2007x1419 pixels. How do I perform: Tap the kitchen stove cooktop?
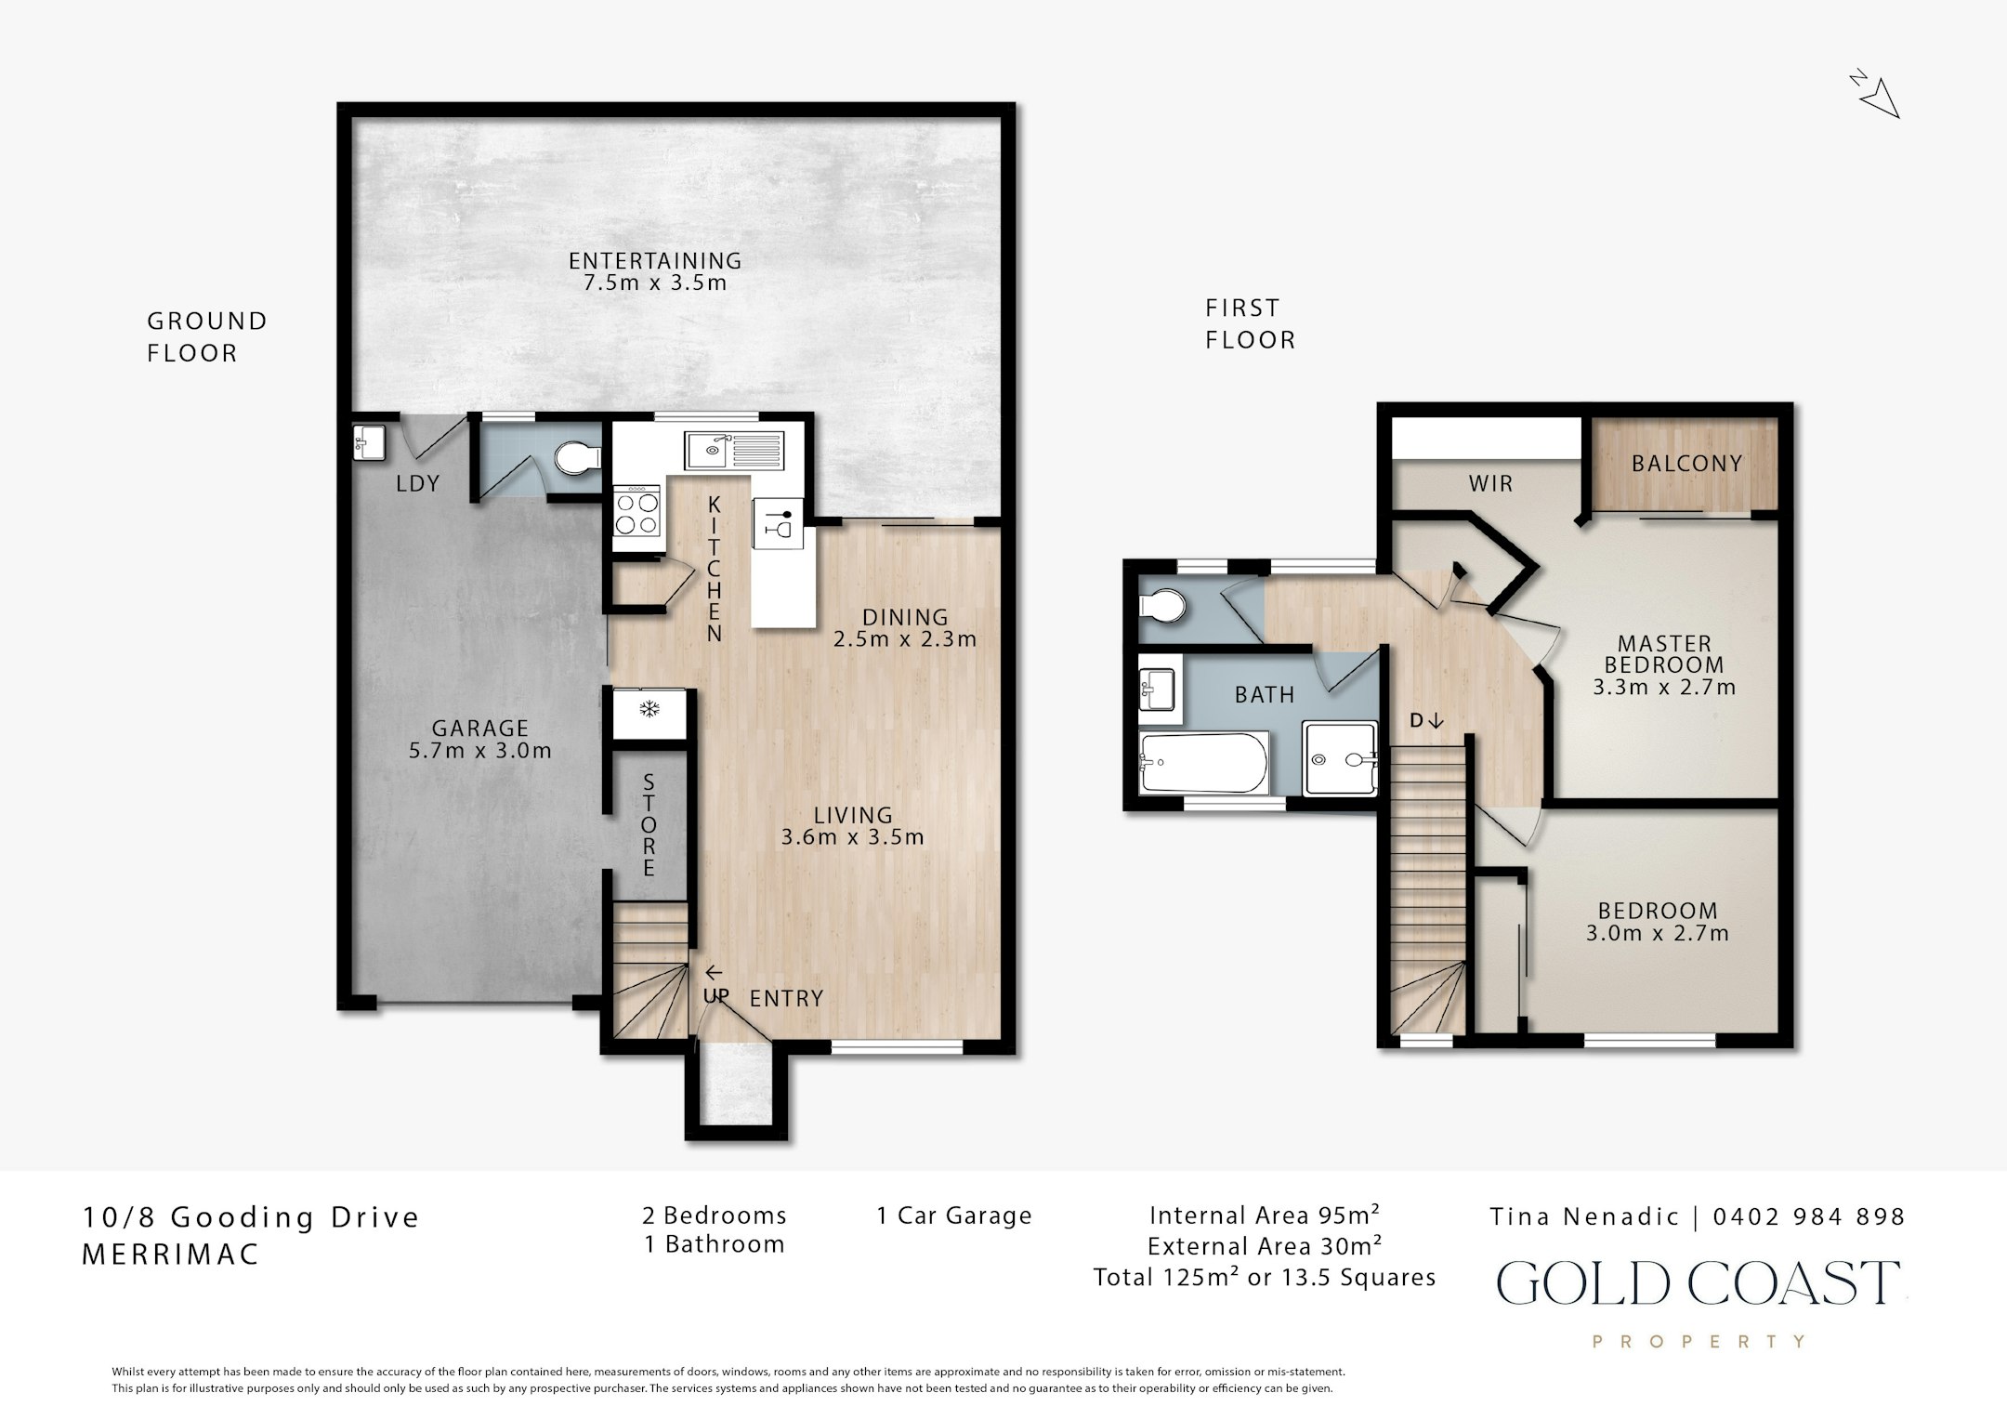click(636, 512)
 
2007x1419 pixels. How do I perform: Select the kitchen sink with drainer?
click(735, 451)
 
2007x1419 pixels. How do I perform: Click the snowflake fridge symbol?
click(649, 711)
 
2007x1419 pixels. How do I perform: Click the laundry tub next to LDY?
click(369, 442)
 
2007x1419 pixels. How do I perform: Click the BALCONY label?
click(1686, 464)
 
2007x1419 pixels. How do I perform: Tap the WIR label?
click(1490, 483)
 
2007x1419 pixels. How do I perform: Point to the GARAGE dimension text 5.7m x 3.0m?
click(480, 751)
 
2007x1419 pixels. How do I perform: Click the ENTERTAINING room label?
click(655, 261)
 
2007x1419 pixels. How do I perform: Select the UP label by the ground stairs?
click(715, 996)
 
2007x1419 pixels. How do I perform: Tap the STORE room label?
click(649, 824)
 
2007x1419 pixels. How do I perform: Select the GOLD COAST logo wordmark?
click(1699, 1283)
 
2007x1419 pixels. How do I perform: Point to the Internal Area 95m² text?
click(1265, 1215)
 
